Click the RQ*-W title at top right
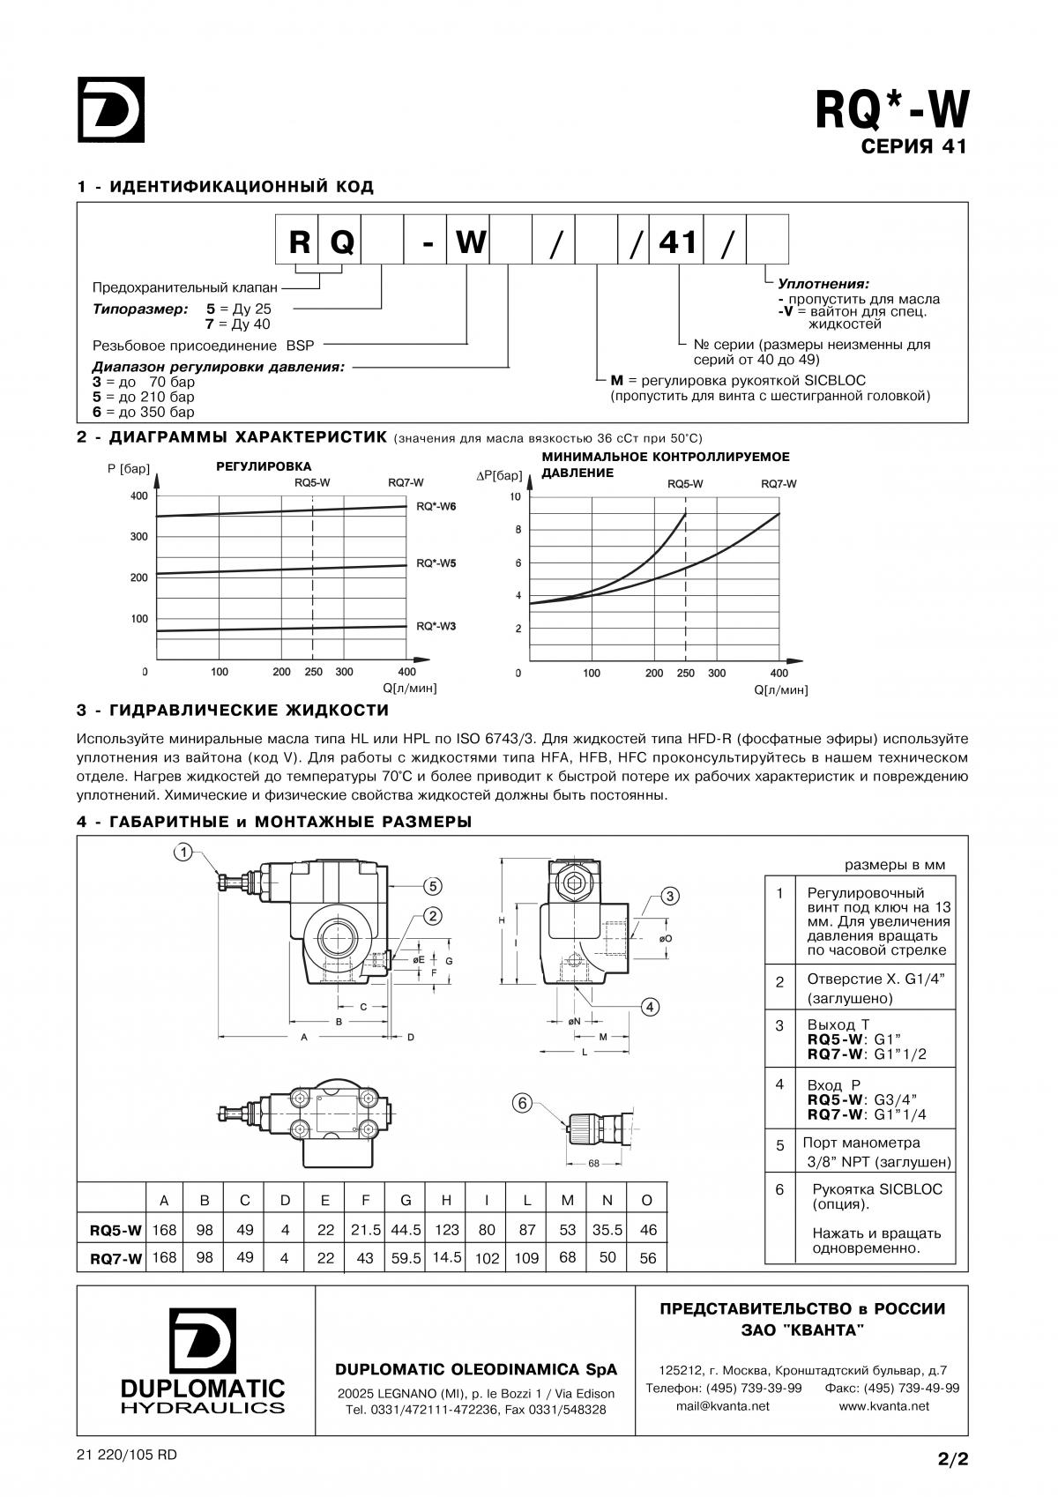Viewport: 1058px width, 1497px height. click(890, 111)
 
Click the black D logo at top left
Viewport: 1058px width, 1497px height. click(111, 109)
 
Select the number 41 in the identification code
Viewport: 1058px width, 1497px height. click(677, 242)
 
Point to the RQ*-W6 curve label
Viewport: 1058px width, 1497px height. click(436, 507)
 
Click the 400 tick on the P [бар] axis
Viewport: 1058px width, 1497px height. click(138, 496)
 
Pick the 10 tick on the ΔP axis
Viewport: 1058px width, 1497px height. click(516, 497)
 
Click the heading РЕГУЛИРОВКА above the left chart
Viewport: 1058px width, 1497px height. click(264, 466)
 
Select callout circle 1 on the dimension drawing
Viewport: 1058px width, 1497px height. click(183, 852)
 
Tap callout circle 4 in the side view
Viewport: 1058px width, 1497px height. click(650, 1006)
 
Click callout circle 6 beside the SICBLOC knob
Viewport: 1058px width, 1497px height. click(523, 1103)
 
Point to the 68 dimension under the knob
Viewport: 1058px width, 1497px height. click(593, 1163)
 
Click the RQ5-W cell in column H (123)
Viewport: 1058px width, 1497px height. click(447, 1230)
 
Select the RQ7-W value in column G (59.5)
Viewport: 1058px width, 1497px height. click(406, 1258)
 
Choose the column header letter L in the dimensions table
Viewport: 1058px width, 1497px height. click(526, 1200)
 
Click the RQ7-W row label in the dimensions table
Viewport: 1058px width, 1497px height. click(115, 1259)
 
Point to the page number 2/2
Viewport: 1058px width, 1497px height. click(953, 1459)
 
